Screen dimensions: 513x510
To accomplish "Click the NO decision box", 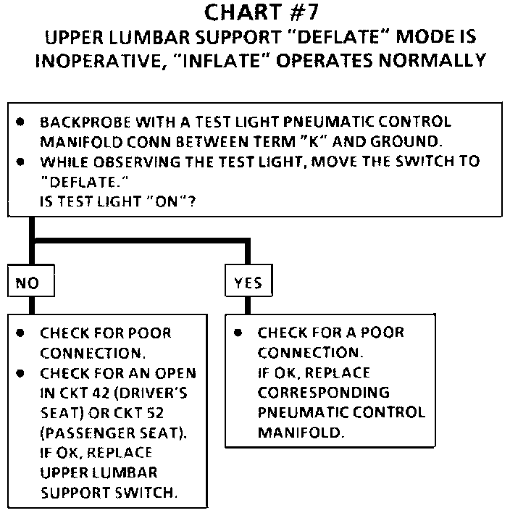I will [x=30, y=283].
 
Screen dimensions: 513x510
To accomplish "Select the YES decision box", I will [x=248, y=283].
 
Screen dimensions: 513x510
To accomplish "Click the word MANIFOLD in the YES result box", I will [x=292, y=433].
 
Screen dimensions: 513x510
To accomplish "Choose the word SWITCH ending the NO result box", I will [x=154, y=493].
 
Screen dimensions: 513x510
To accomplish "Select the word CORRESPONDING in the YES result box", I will [x=324, y=393].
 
